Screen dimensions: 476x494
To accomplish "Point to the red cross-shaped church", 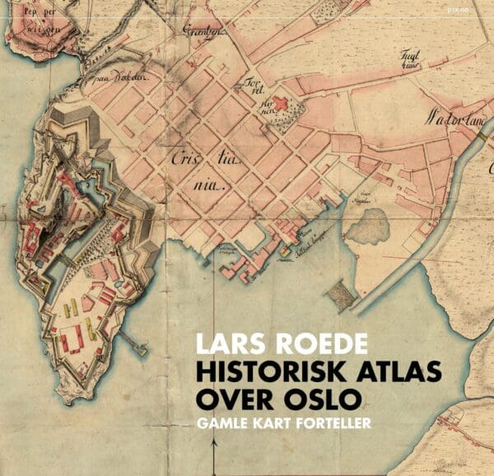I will (x=280, y=104).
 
